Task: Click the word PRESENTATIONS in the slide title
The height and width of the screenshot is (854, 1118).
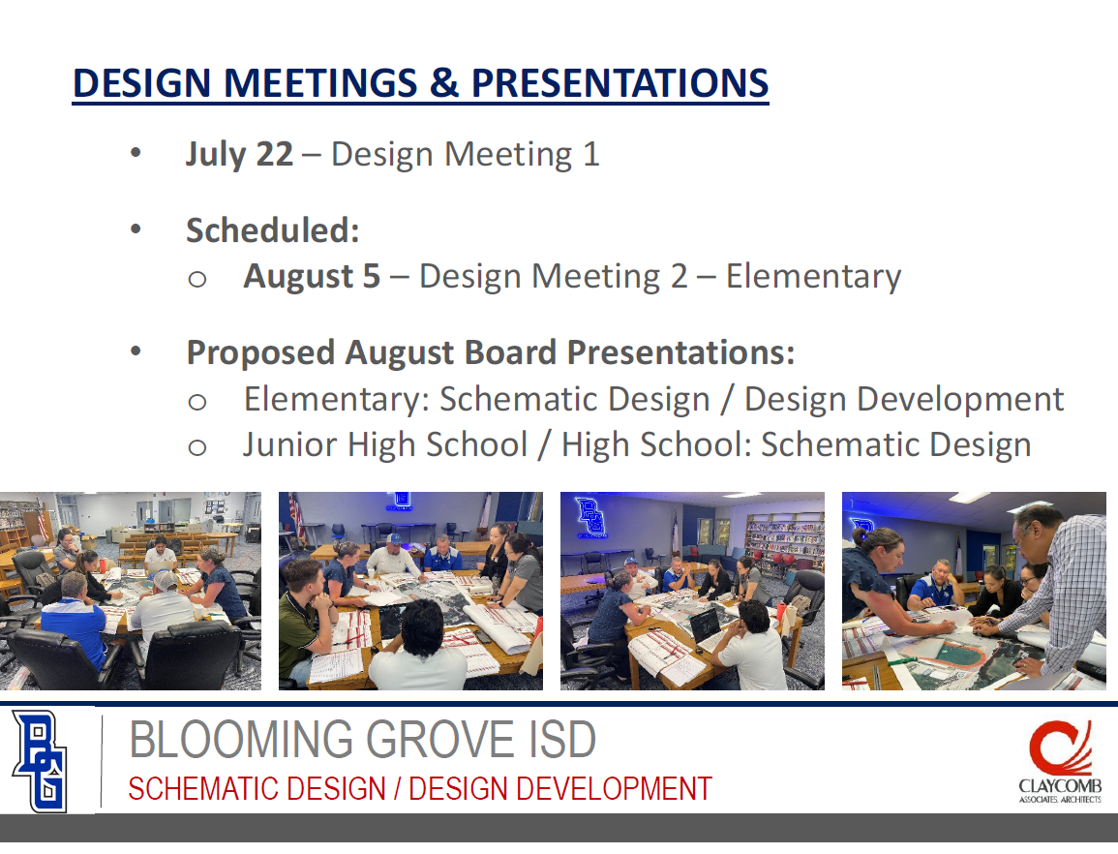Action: (x=619, y=82)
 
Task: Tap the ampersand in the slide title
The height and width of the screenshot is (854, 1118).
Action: (x=444, y=82)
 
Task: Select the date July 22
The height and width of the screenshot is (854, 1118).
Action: (x=240, y=155)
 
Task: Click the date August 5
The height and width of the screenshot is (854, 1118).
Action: (x=313, y=277)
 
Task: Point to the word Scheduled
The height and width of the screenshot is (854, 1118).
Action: (x=272, y=230)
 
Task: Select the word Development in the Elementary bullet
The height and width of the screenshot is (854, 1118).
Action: (x=960, y=400)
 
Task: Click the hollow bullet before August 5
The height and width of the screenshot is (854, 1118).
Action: (x=197, y=279)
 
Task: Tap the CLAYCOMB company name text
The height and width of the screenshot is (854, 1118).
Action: (x=1060, y=786)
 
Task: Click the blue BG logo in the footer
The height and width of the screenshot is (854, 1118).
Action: (x=40, y=761)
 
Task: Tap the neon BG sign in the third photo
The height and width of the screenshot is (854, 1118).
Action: (x=591, y=516)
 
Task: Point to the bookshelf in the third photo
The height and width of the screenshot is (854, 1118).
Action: (x=784, y=541)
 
